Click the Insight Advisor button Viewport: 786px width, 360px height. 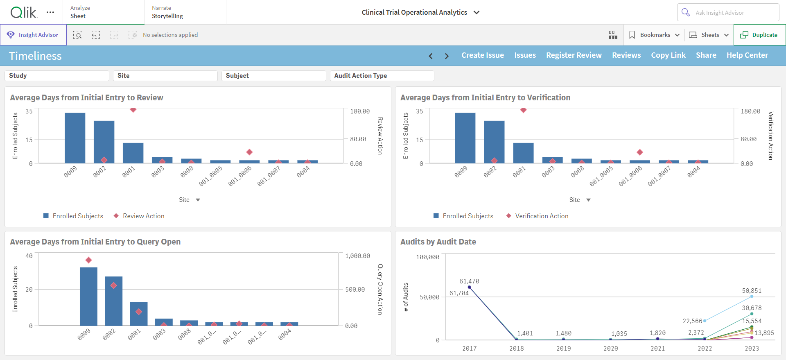pyautogui.click(x=33, y=35)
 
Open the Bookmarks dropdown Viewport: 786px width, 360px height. pyautogui.click(x=654, y=35)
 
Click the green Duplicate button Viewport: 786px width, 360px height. pyautogui.click(x=759, y=35)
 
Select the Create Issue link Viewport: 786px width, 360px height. pyautogui.click(x=483, y=55)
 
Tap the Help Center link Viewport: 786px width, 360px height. pyautogui.click(x=747, y=55)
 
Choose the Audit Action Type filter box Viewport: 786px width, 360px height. pyautogui.click(x=382, y=76)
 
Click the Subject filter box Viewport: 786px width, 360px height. pyautogui.click(x=273, y=76)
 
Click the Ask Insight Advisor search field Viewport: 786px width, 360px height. pyautogui.click(x=728, y=13)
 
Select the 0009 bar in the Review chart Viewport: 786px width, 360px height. pyautogui.click(x=75, y=138)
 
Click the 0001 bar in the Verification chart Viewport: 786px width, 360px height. pyautogui.click(x=523, y=153)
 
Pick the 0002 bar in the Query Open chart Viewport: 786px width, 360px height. pyautogui.click(x=113, y=301)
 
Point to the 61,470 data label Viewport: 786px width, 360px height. pyautogui.click(x=469, y=281)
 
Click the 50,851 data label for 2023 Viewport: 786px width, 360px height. pyautogui.click(x=752, y=291)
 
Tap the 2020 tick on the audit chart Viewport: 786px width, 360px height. pyautogui.click(x=611, y=349)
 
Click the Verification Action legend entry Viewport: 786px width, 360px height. pyautogui.click(x=538, y=216)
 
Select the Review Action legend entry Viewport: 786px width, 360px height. pyautogui.click(x=139, y=216)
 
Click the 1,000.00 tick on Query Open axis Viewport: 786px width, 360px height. pyautogui.click(x=357, y=256)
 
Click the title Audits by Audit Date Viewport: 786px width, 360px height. pyautogui.click(x=438, y=242)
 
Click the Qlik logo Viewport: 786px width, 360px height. pyautogui.click(x=23, y=12)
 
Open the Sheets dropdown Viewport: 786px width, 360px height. pyautogui.click(x=709, y=35)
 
